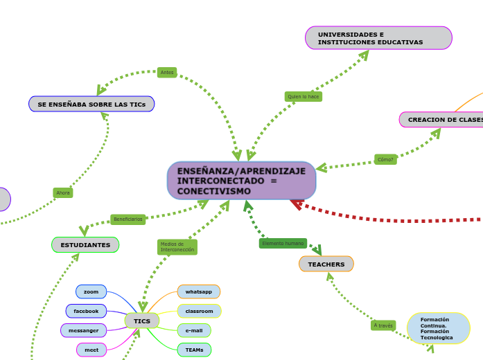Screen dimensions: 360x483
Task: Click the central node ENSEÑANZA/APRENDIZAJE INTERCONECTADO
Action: (x=241, y=181)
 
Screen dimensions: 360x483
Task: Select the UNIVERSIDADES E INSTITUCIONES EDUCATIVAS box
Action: (x=378, y=38)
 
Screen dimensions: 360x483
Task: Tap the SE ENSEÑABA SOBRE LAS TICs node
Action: (x=91, y=104)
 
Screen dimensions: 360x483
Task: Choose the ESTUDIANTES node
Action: (x=85, y=245)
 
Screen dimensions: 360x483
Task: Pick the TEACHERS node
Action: (x=326, y=264)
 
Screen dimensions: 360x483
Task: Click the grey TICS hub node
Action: (x=142, y=321)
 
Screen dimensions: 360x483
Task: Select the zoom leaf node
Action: (x=91, y=292)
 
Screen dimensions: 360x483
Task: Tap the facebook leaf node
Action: (x=86, y=312)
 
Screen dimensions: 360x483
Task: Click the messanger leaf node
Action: (x=84, y=331)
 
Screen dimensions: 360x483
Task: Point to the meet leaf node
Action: (x=91, y=350)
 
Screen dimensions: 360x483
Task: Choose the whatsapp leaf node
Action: (x=199, y=292)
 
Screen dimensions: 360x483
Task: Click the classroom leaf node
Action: (x=200, y=312)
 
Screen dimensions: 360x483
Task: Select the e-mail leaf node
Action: (x=194, y=331)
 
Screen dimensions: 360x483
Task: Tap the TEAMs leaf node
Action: (x=195, y=350)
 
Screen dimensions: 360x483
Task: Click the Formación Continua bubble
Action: (x=439, y=328)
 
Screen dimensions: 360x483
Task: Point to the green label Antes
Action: (x=167, y=73)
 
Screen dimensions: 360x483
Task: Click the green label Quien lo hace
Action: (x=304, y=97)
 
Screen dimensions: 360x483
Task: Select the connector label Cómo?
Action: (x=385, y=159)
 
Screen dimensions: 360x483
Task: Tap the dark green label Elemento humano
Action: (x=283, y=244)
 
